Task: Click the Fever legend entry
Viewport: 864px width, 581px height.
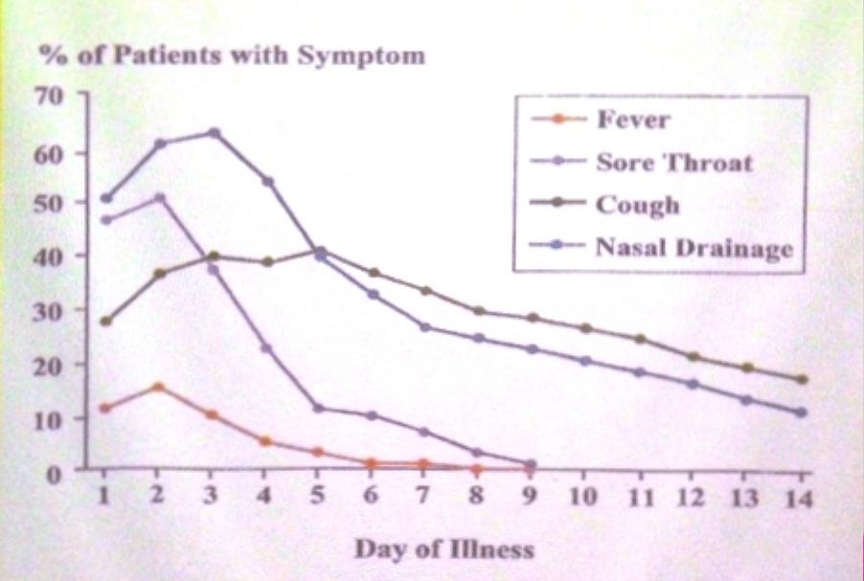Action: [x=632, y=120]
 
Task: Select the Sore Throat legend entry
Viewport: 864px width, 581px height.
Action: [x=673, y=162]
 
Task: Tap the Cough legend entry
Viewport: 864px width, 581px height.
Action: [x=637, y=205]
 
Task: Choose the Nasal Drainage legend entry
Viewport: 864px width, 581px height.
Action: [x=693, y=248]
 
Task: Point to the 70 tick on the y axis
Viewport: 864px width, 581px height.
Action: [x=50, y=96]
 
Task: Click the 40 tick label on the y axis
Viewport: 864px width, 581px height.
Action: [x=50, y=257]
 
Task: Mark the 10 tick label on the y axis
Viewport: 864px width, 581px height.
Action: [x=50, y=418]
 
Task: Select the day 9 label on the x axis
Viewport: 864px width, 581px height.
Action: [x=531, y=497]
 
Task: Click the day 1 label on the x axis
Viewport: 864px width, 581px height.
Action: [x=105, y=497]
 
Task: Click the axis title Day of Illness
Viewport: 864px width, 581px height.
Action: [x=444, y=549]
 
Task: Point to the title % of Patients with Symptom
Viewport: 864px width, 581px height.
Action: [x=231, y=55]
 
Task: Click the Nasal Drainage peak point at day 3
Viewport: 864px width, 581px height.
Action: [x=214, y=132]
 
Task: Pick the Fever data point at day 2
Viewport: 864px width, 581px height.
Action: [x=159, y=387]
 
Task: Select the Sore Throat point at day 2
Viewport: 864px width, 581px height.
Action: [x=159, y=198]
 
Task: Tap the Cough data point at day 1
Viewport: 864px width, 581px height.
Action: [x=105, y=321]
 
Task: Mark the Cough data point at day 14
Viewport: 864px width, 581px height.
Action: [x=802, y=379]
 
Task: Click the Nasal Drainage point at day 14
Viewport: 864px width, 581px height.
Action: [x=802, y=413]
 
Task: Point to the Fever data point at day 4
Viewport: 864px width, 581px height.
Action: [x=265, y=441]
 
